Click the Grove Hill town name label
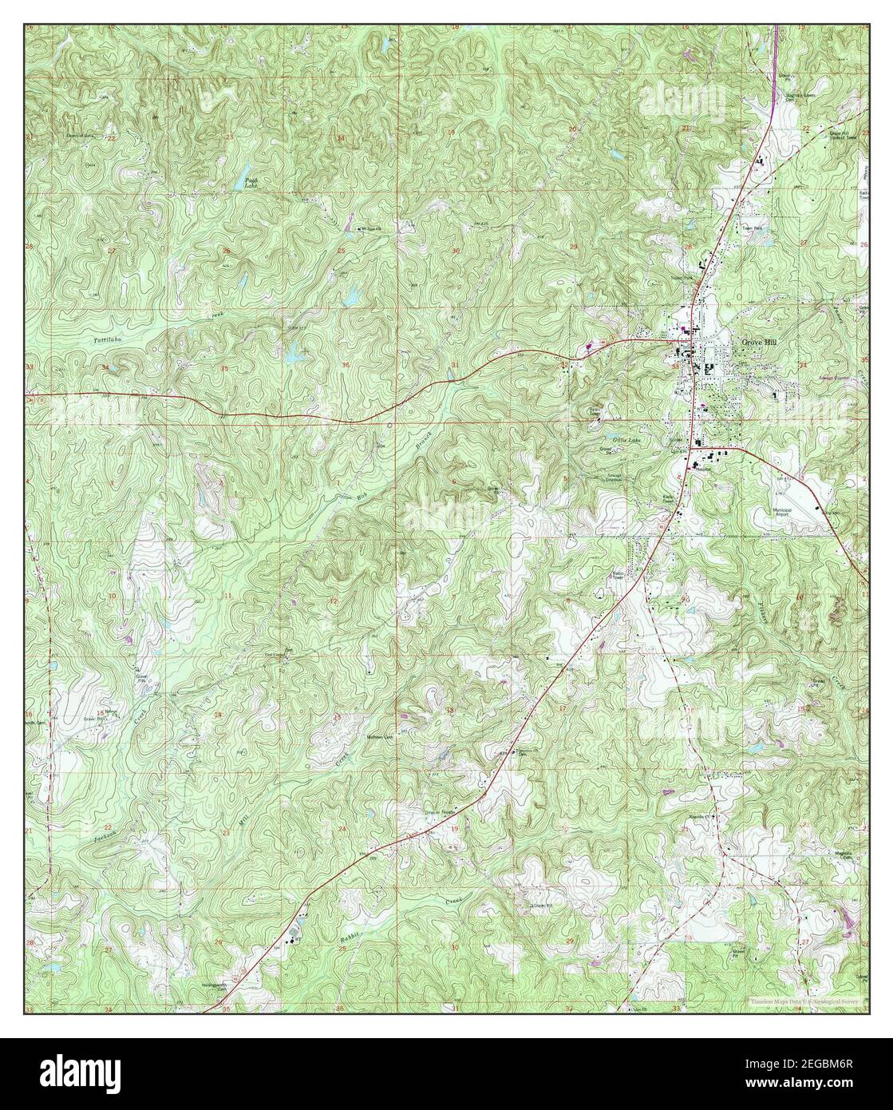pyautogui.click(x=759, y=341)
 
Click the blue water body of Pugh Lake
pyautogui.click(x=240, y=182)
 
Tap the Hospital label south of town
pyautogui.click(x=701, y=469)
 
